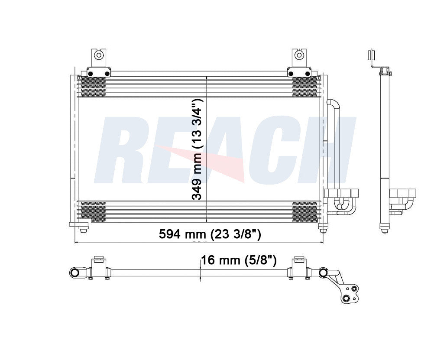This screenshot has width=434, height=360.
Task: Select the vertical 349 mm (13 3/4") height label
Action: (198, 149)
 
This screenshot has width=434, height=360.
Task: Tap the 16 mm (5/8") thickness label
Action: (239, 260)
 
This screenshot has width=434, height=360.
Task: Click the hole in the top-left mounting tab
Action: (99, 55)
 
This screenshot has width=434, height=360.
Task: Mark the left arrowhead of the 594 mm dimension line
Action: (78, 242)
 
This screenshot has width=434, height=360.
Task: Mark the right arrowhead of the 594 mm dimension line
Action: (321, 242)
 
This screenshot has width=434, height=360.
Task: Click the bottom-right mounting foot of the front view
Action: (322, 226)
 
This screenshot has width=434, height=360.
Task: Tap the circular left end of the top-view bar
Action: (74, 272)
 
